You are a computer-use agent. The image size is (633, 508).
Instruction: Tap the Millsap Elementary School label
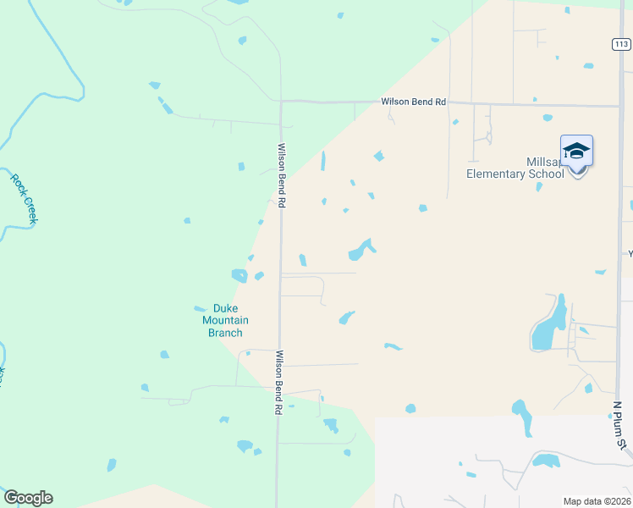click(x=515, y=168)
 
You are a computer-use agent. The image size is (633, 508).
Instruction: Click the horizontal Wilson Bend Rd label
click(x=413, y=102)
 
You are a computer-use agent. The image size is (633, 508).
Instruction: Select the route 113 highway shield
click(x=622, y=44)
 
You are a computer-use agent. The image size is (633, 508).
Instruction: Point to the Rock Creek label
click(x=25, y=198)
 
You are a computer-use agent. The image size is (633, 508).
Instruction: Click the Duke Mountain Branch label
click(x=225, y=320)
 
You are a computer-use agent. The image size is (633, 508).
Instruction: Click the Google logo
click(x=28, y=498)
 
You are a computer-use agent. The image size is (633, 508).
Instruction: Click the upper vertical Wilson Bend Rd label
click(x=283, y=175)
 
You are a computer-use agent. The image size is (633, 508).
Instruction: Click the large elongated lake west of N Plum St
click(x=546, y=326)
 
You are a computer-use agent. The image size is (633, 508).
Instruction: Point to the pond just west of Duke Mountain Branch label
click(x=200, y=308)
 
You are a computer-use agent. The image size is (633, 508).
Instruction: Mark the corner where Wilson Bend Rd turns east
click(x=281, y=102)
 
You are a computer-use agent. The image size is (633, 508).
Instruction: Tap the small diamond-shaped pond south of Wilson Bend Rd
click(x=378, y=156)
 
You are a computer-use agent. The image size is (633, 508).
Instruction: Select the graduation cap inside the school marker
click(x=576, y=150)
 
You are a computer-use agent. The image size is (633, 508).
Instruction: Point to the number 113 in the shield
click(x=622, y=44)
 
